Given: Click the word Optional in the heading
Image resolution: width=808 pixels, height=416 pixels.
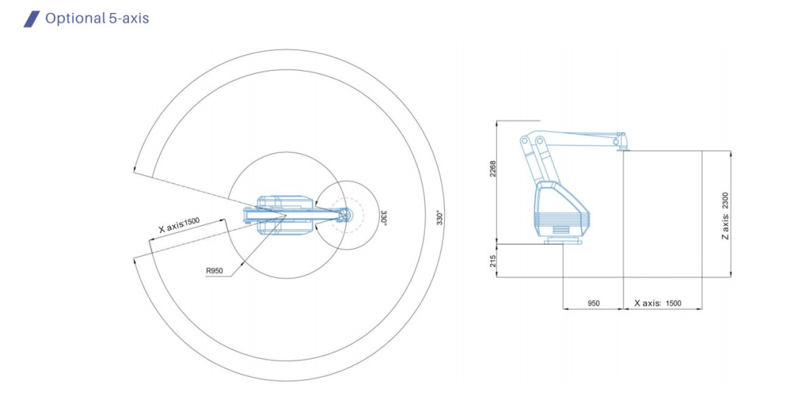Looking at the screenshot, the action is [75, 19].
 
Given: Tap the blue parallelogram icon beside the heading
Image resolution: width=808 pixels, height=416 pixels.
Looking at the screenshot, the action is [31, 19].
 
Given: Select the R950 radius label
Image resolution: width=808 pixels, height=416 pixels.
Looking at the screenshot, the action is [214, 271].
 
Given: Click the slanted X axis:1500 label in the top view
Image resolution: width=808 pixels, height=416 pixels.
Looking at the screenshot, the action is [179, 225].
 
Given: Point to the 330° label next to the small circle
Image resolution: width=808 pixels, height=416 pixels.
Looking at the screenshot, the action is [383, 216].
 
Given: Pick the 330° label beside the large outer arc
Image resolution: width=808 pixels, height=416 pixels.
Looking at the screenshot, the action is [440, 218].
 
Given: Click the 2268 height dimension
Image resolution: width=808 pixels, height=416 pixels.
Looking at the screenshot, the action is [493, 169].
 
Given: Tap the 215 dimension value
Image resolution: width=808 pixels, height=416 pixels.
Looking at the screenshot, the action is [493, 261].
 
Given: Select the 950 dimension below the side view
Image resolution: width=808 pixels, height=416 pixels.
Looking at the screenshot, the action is [594, 303].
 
